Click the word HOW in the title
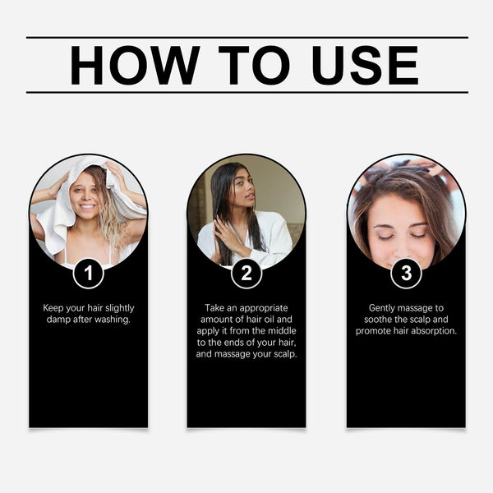click(x=135, y=65)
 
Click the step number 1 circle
click(x=88, y=273)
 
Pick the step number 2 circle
click(x=246, y=273)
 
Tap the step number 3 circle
click(x=406, y=273)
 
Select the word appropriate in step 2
click(x=268, y=307)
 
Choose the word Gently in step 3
click(x=384, y=307)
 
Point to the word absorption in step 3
click(x=435, y=330)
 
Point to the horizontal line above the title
click(x=246, y=37)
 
